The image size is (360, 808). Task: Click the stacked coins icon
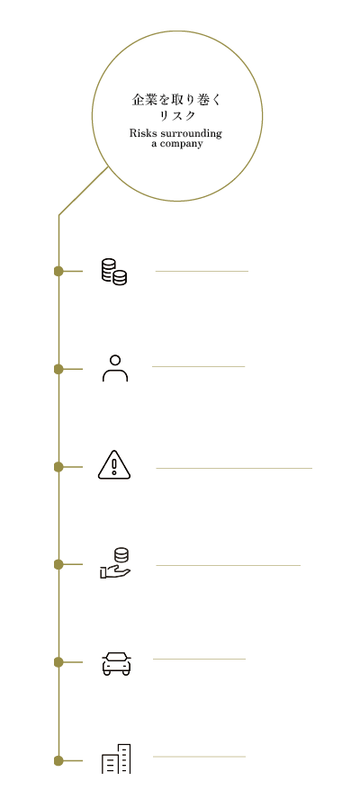click(x=114, y=272)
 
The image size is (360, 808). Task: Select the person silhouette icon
click(x=115, y=368)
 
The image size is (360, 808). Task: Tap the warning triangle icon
click(x=114, y=465)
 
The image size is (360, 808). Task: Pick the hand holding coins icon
click(x=115, y=563)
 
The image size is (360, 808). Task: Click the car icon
click(x=117, y=663)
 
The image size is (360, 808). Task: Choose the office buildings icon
click(x=116, y=759)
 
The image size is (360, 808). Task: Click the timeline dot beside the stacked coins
click(x=58, y=271)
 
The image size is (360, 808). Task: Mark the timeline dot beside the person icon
click(x=58, y=369)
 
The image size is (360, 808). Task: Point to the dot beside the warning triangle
click(x=58, y=467)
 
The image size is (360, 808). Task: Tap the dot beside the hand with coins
click(x=58, y=564)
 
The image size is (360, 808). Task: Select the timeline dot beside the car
click(x=58, y=662)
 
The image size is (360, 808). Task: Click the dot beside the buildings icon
click(x=58, y=760)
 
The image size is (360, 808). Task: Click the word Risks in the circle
click(x=140, y=133)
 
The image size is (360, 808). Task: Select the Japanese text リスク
click(x=177, y=116)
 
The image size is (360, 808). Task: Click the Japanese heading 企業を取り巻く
click(x=177, y=100)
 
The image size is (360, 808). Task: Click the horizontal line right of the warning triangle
click(x=234, y=469)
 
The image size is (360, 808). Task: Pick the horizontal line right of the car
click(x=199, y=659)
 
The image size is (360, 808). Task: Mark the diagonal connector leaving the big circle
click(x=84, y=191)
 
